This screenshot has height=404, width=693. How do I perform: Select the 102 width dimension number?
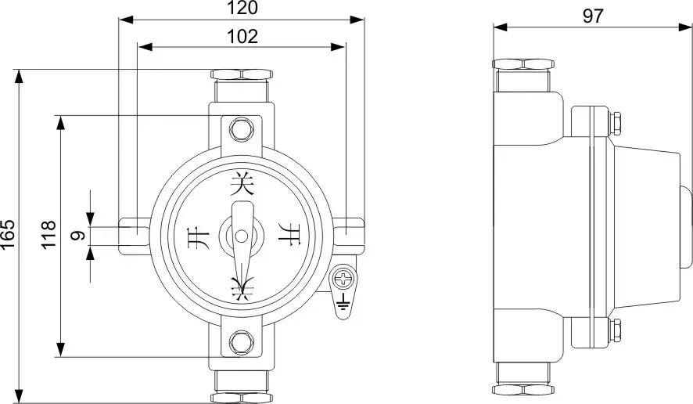(242, 36)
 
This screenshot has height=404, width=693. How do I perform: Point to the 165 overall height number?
(9, 234)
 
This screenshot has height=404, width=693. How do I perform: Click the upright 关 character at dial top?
(242, 185)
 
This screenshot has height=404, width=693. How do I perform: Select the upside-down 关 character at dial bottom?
(242, 288)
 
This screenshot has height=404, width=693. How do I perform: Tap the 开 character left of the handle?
(192, 236)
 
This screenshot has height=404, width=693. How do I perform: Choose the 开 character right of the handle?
(290, 236)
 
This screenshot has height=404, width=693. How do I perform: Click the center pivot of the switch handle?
(242, 235)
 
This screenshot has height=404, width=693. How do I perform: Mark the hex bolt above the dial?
(242, 127)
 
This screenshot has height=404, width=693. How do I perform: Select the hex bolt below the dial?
(242, 342)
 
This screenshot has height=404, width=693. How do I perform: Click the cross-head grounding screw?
(343, 276)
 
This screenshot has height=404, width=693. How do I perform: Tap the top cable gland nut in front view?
(242, 75)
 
